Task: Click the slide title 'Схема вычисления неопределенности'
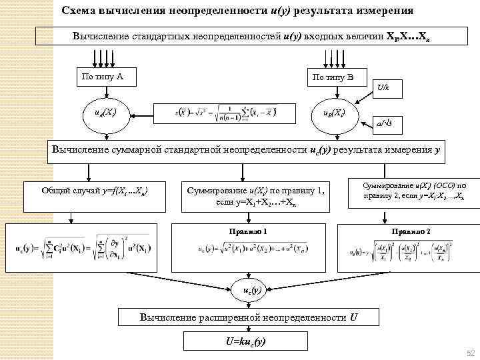(237, 11)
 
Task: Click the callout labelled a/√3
(385, 122)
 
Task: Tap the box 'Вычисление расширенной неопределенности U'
(253, 317)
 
